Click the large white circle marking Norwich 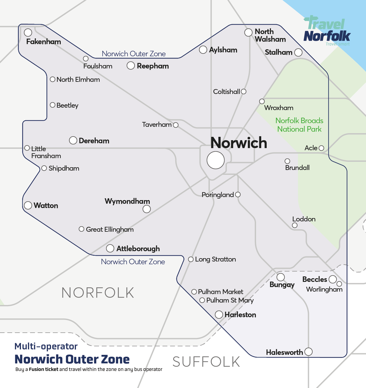pyautogui.click(x=216, y=160)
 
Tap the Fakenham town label pyautogui.click(x=43, y=42)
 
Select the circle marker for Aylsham pyautogui.click(x=203, y=50)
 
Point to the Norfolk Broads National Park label pyautogui.click(x=299, y=125)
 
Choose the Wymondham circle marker pyautogui.click(x=147, y=209)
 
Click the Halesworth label pyautogui.click(x=284, y=352)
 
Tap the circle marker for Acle pyautogui.click(x=321, y=148)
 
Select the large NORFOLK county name pyautogui.click(x=98, y=293)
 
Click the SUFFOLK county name pyautogui.click(x=206, y=362)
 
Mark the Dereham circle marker pyautogui.click(x=73, y=140)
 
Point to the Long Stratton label pyautogui.click(x=215, y=259)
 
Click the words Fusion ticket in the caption pyautogui.click(x=43, y=369)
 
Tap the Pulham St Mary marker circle pyautogui.click(x=202, y=300)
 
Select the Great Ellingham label pyautogui.click(x=110, y=229)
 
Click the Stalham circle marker pyautogui.click(x=298, y=52)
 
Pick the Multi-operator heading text pyautogui.click(x=46, y=346)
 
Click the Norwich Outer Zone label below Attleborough pyautogui.click(x=133, y=262)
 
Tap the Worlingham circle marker pyautogui.click(x=339, y=284)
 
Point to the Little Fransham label pyautogui.click(x=46, y=152)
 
